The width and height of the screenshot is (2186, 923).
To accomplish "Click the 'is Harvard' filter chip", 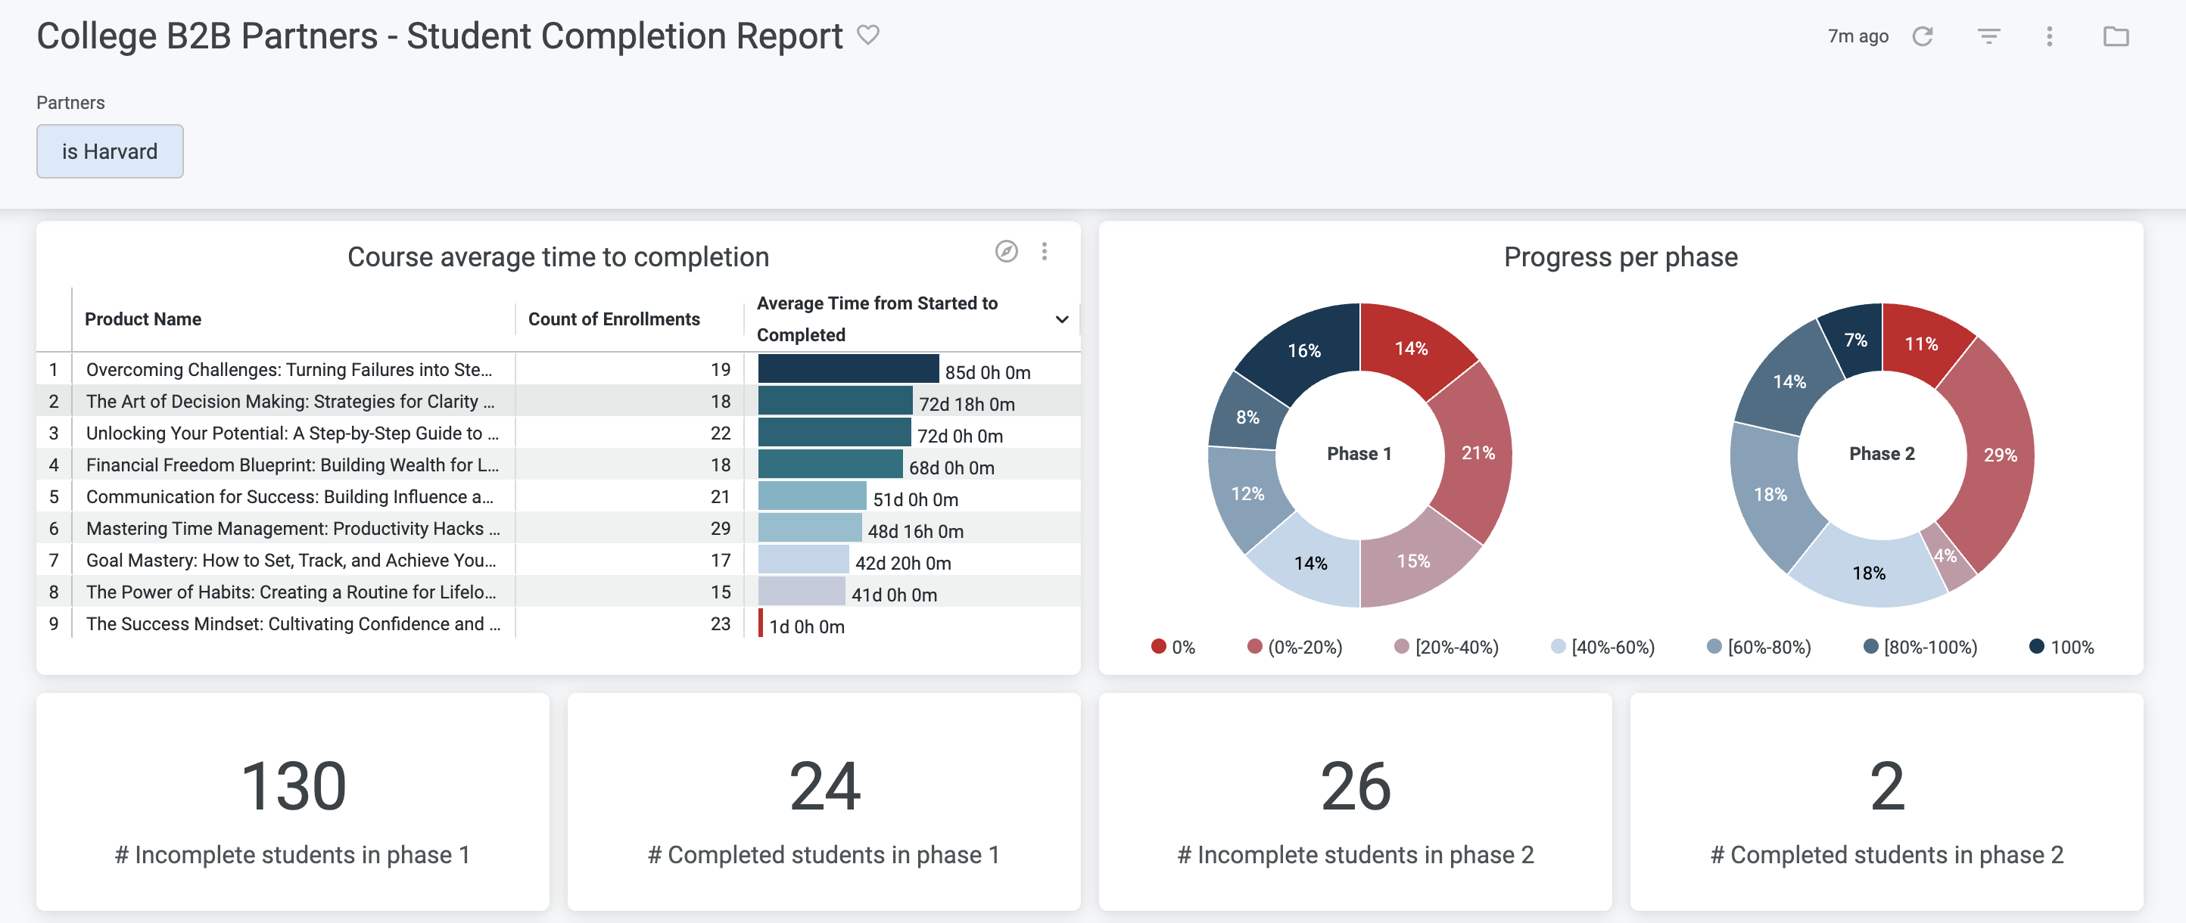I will coord(110,151).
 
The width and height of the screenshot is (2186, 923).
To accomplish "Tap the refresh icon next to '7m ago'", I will coord(1922,36).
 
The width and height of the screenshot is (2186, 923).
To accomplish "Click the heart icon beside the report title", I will coord(867,35).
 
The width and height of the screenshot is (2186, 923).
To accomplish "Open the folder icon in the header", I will coord(2115,36).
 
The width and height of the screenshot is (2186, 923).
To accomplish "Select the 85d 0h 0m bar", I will coord(848,369).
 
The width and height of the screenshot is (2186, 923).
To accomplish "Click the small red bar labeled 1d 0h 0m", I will coord(761,623).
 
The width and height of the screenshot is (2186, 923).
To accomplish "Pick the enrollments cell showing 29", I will coord(720,529).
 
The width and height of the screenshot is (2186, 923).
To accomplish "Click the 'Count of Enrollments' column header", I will coord(614,319).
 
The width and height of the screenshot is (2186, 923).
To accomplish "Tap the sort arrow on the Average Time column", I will coord(1060,319).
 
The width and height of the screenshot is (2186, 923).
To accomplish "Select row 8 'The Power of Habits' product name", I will coord(290,592).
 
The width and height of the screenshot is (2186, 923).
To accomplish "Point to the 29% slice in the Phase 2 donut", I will coord(1998,455).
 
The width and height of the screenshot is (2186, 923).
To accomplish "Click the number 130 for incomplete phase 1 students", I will coord(293,785).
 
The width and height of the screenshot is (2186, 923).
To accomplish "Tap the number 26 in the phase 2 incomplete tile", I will coord(1354,785).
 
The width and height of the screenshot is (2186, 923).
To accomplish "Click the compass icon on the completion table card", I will coord(1006,251).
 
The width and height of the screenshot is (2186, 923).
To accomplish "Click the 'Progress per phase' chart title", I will coord(1620,257).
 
